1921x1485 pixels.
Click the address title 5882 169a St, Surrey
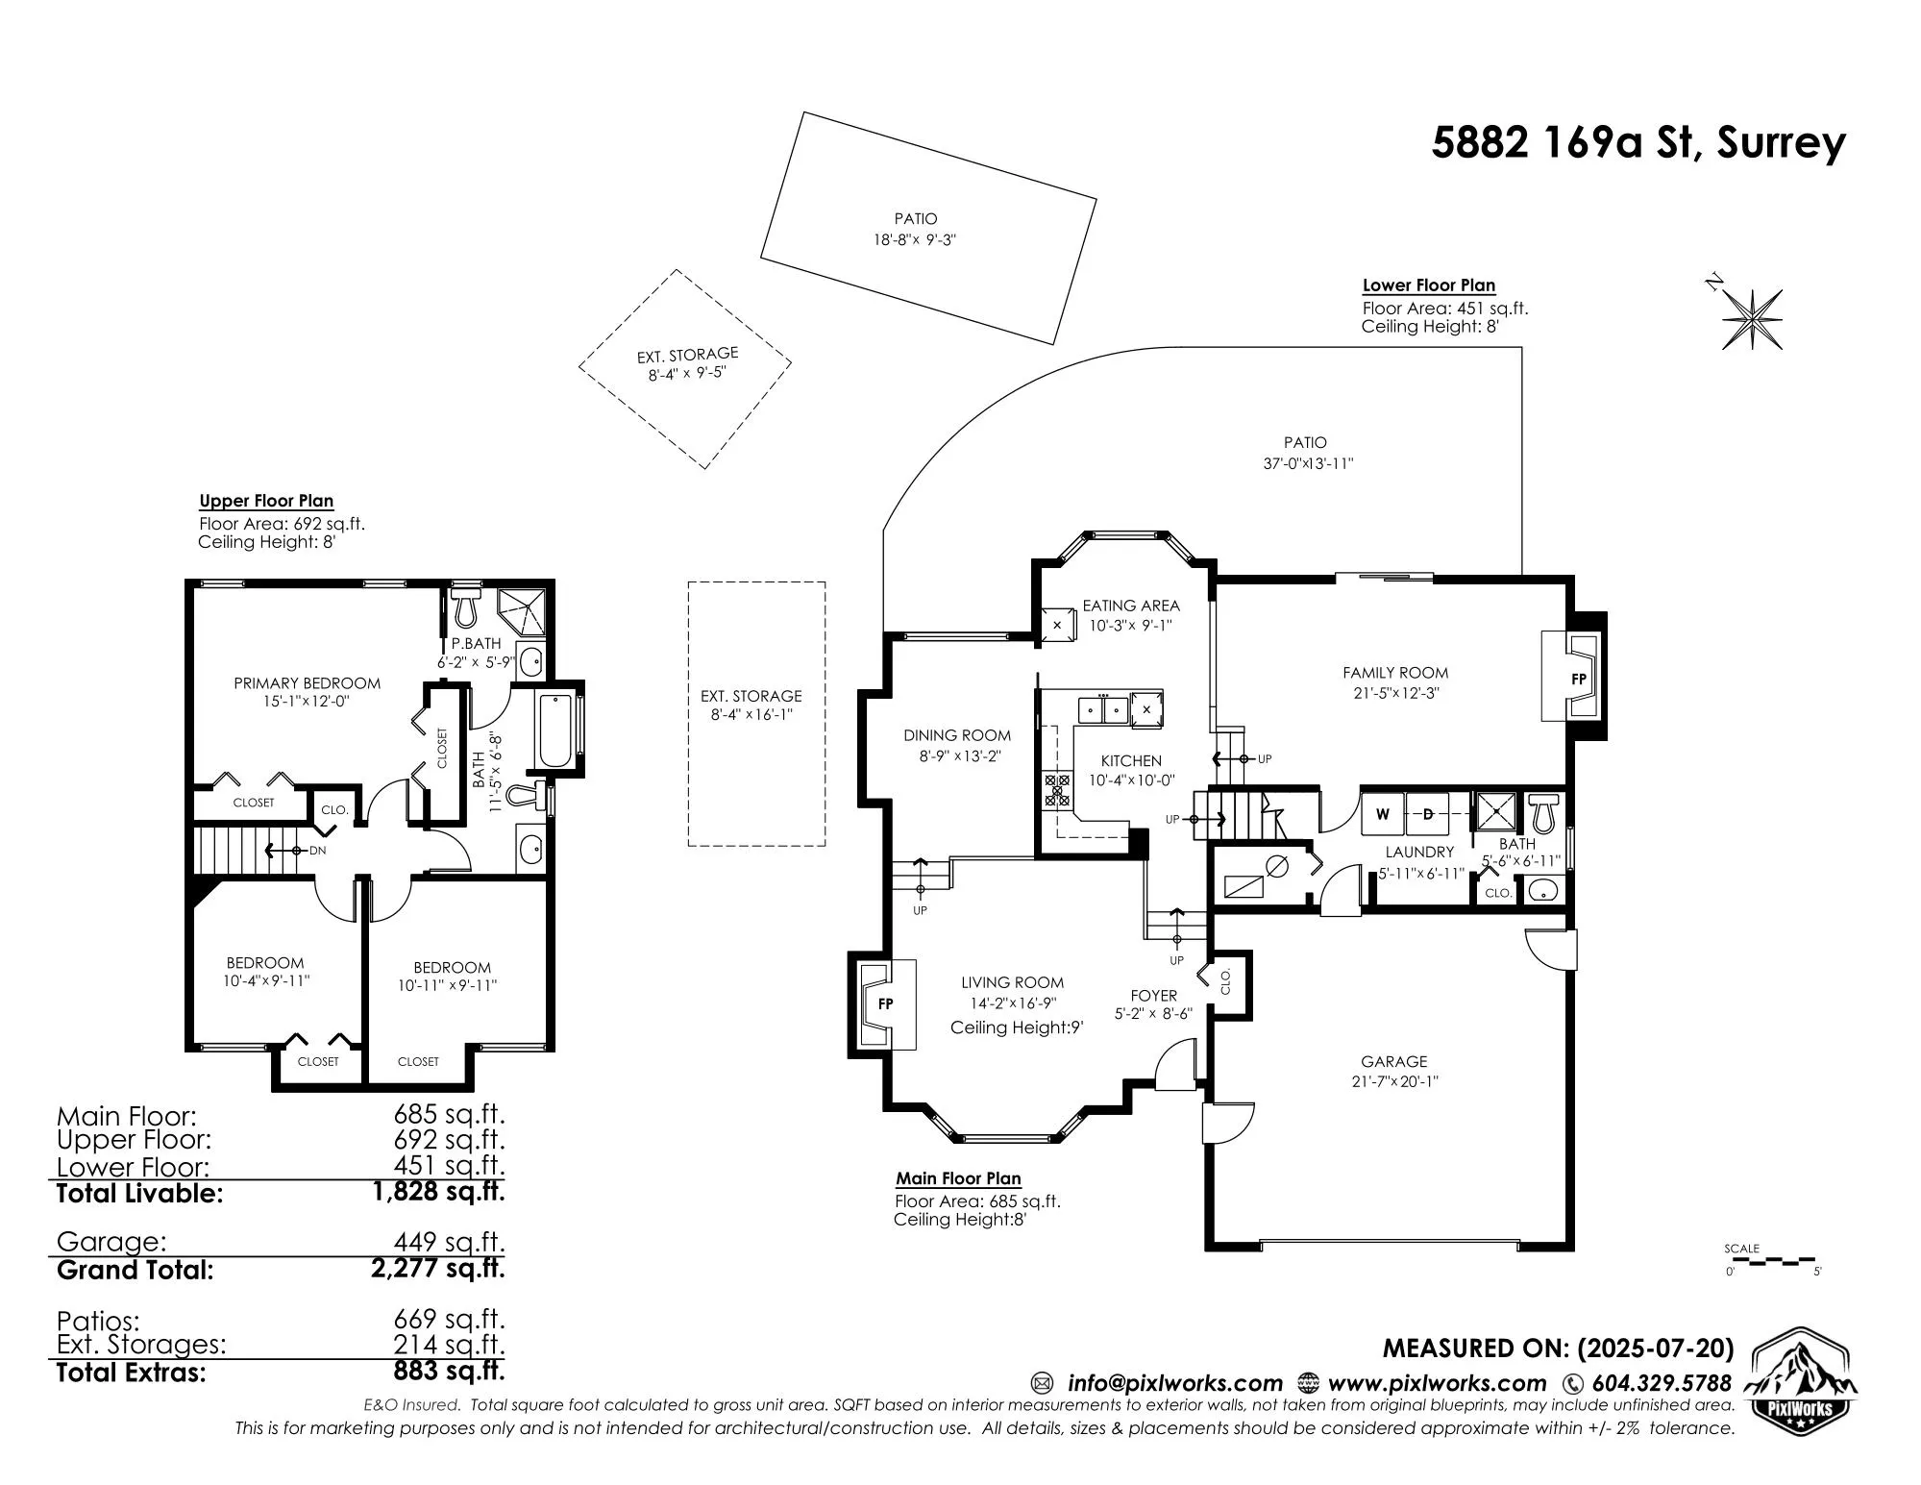click(1638, 143)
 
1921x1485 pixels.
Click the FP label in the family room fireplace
click(1578, 679)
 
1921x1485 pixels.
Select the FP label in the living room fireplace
click(886, 1003)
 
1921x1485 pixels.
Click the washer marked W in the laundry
click(1383, 814)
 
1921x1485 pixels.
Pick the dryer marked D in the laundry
click(1428, 814)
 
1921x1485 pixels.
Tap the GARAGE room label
click(1394, 1061)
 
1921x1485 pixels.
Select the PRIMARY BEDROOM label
click(308, 683)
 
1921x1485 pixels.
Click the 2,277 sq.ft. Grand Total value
click(438, 1269)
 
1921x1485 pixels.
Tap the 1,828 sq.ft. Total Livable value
click(438, 1192)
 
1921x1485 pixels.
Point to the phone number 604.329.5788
click(1662, 1384)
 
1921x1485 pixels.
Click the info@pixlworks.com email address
click(1175, 1384)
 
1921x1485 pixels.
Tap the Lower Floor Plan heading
click(1429, 285)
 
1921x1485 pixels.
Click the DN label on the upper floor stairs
click(318, 851)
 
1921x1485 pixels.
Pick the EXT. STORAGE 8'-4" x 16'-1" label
click(751, 705)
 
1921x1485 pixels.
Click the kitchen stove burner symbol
click(1057, 789)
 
